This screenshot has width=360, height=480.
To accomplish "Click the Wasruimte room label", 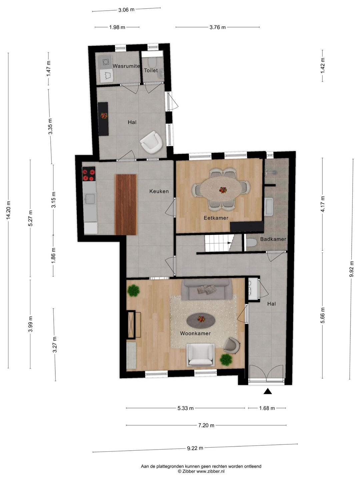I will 126,66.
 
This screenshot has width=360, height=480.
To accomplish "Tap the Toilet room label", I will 151,70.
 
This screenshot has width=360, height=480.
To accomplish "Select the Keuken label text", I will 159,191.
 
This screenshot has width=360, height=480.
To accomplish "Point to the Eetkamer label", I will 216,218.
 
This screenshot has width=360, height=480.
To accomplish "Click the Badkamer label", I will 273,239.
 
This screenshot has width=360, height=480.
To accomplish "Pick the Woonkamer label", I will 195,333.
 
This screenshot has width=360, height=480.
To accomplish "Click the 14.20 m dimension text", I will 9,210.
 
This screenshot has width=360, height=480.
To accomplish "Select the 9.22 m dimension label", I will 195,448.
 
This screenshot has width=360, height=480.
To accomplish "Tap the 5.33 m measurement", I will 185,408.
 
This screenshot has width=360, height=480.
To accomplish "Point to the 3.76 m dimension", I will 217,27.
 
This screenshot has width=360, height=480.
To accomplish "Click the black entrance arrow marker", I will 268,391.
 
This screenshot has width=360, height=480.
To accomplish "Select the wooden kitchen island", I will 126,204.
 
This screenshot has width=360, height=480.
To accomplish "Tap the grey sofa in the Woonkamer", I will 207,289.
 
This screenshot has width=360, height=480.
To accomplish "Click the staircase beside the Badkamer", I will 218,243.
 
